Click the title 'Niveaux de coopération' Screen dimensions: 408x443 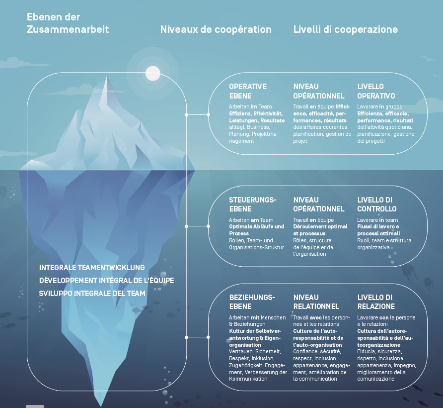(x=216, y=29)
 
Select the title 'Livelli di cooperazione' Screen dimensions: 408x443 (x=346, y=29)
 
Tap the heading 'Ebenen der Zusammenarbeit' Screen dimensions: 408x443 (x=68, y=23)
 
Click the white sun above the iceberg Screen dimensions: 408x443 (x=153, y=73)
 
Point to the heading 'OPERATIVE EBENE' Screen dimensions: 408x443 (x=248, y=91)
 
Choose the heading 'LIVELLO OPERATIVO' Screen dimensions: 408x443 (x=376, y=91)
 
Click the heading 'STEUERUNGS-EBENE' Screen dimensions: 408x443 (x=253, y=204)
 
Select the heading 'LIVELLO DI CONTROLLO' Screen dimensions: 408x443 (x=377, y=204)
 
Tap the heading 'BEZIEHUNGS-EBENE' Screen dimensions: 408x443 (x=252, y=302)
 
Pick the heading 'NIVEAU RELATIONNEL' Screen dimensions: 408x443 (x=316, y=302)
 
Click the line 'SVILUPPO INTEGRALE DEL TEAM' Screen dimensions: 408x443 (x=92, y=293)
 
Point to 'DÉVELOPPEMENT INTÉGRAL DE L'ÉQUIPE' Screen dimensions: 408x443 (x=107, y=281)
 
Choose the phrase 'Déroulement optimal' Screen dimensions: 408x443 (x=314, y=226)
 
